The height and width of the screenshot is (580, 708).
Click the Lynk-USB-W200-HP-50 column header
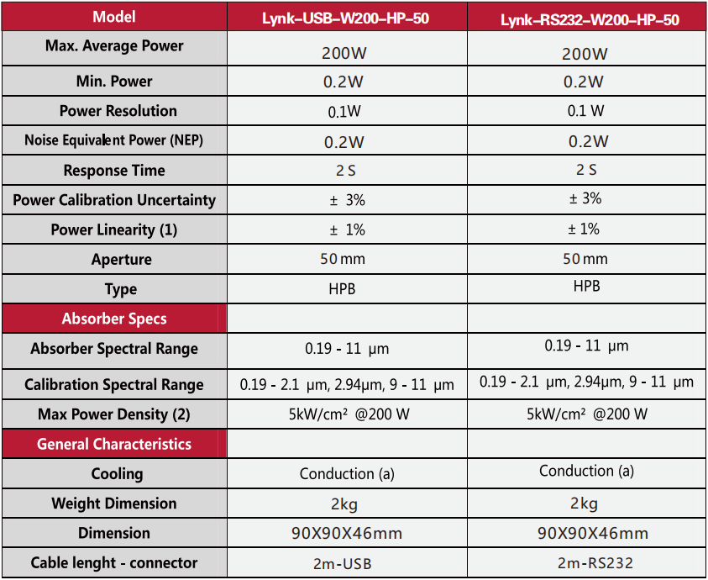click(346, 18)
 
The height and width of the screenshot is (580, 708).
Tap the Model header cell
click(114, 17)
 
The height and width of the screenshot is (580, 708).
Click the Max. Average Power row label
click(114, 46)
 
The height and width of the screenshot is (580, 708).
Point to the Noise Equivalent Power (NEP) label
click(114, 140)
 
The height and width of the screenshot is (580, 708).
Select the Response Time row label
click(114, 171)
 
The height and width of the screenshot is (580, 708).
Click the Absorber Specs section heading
click(114, 319)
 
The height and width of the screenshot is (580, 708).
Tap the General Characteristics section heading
click(114, 444)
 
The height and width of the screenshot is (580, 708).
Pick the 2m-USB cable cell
click(347, 563)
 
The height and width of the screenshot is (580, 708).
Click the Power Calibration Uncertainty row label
click(114, 200)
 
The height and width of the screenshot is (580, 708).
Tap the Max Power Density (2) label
click(114, 414)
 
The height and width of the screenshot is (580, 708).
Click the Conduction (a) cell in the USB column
click(347, 474)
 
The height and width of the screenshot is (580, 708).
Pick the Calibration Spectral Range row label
click(114, 385)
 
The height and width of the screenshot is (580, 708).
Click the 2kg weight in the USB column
click(346, 504)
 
